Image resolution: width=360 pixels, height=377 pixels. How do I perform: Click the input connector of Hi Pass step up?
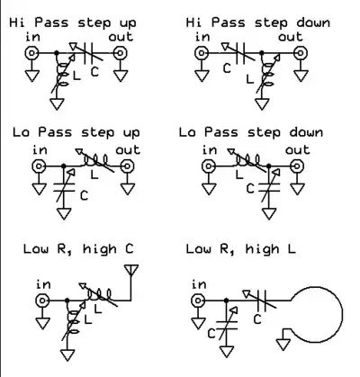click(x=31, y=53)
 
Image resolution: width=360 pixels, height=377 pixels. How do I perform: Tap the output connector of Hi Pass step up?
click(x=120, y=53)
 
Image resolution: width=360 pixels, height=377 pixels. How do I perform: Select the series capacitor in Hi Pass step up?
click(x=87, y=53)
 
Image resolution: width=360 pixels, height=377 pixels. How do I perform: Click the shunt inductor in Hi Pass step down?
click(x=267, y=74)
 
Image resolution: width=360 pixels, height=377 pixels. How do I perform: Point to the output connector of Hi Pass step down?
click(x=300, y=53)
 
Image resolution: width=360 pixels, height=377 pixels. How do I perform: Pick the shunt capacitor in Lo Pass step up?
click(x=64, y=186)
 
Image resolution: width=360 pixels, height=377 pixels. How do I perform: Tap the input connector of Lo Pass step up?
click(x=39, y=166)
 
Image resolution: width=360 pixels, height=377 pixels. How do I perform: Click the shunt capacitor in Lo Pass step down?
click(x=269, y=186)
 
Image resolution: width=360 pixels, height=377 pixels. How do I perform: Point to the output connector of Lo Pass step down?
click(x=297, y=166)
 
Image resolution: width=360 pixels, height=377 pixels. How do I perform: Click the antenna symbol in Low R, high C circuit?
click(x=130, y=270)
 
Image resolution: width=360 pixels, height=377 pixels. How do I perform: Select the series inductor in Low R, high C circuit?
click(x=99, y=294)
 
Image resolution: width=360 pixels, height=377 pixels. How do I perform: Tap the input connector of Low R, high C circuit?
click(x=42, y=300)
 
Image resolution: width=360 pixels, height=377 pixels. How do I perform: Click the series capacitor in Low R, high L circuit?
click(x=262, y=300)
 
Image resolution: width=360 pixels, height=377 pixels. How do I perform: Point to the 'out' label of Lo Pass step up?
click(x=128, y=150)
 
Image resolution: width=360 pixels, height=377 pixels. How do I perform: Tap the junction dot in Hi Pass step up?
click(x=57, y=53)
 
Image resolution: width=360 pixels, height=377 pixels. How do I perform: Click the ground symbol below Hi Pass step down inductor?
click(x=262, y=104)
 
